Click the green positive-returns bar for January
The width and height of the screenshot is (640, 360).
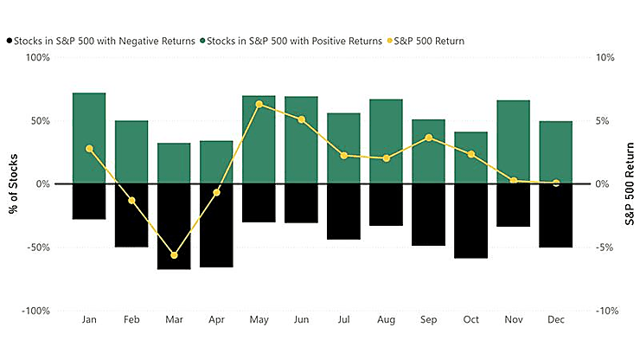tap(89, 138)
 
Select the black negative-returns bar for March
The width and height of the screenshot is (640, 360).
tap(174, 226)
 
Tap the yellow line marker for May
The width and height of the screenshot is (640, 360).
tap(259, 105)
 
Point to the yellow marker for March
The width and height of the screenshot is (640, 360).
tap(174, 255)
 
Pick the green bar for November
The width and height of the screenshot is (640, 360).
tap(514, 142)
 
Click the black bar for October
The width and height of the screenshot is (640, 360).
tap(471, 221)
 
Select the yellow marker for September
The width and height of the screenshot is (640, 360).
tap(429, 138)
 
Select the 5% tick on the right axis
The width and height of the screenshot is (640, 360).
tap(605, 121)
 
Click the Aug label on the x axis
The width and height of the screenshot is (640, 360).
tap(387, 320)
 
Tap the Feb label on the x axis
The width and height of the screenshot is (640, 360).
tap(131, 320)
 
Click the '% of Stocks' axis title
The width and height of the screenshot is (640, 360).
tap(16, 183)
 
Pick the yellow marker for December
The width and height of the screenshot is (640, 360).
tap(556, 183)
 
